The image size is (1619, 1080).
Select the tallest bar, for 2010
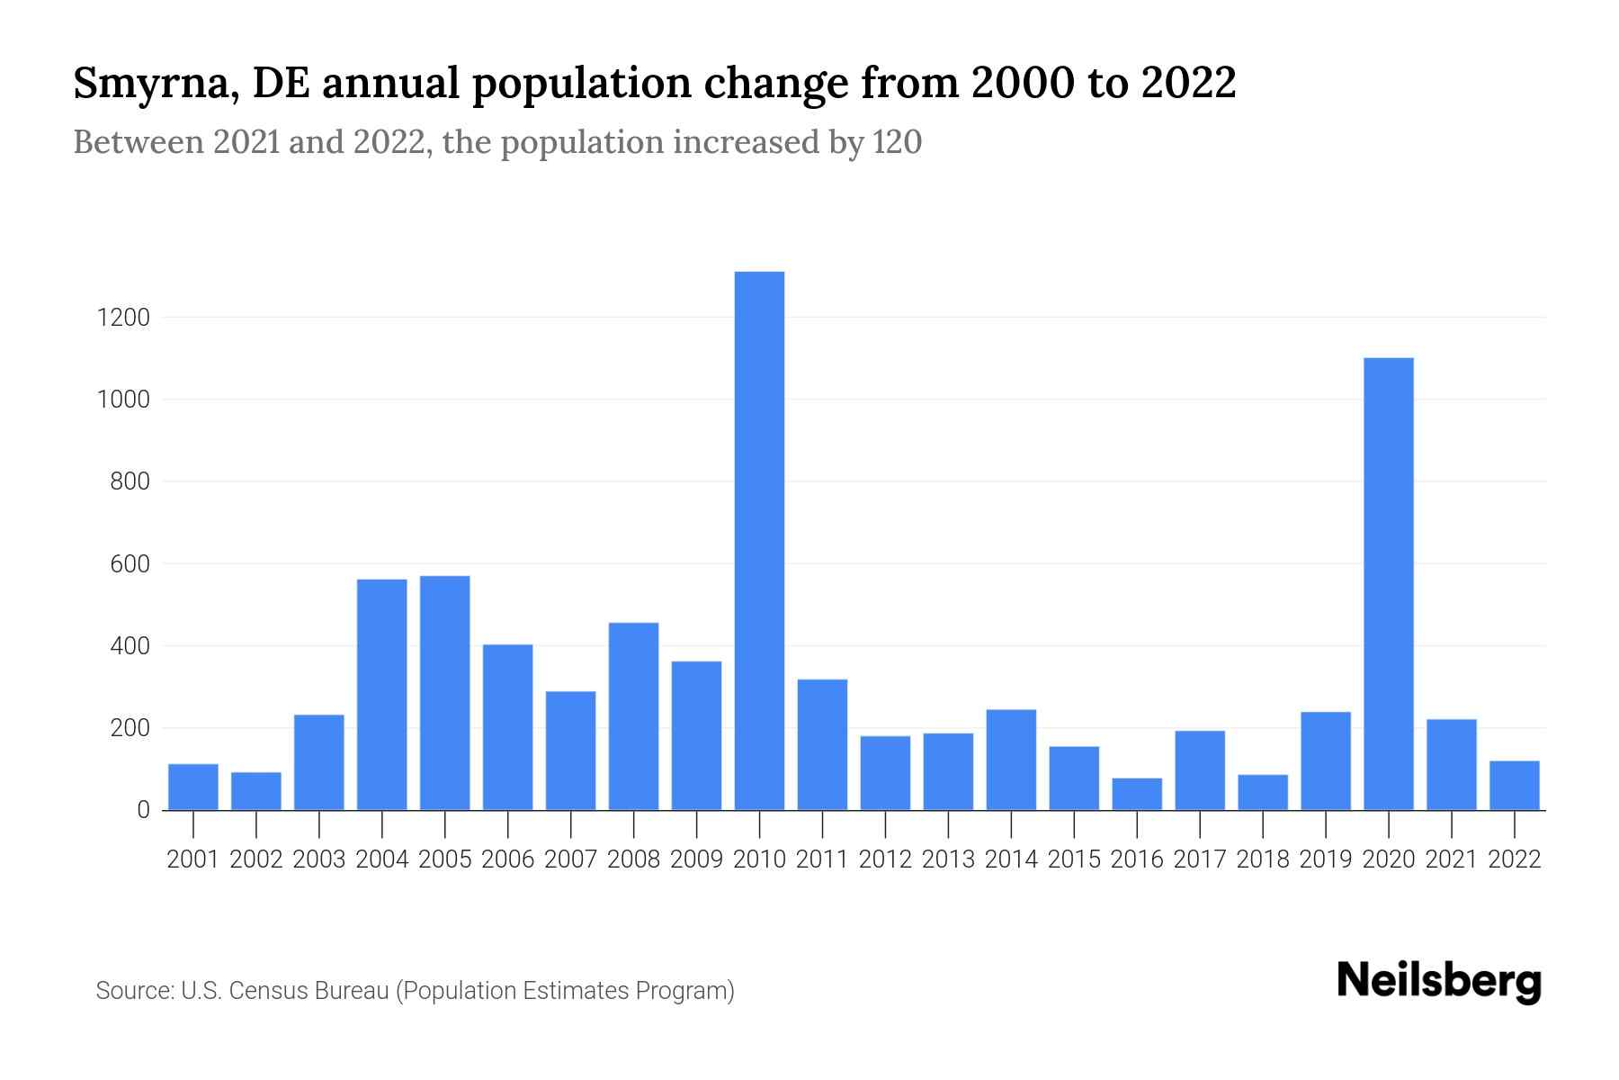(759, 540)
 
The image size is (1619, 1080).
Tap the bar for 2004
(381, 694)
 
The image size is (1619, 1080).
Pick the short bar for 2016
(1137, 794)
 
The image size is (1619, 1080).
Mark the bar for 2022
(1514, 785)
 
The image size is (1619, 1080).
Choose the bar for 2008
(633, 715)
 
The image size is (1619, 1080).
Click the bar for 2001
(193, 787)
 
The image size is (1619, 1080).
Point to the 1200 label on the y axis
(123, 318)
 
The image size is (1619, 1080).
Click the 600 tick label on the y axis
(130, 564)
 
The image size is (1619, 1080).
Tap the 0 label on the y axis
(143, 810)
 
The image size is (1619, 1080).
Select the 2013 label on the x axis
(948, 859)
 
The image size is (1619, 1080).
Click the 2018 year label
(1262, 859)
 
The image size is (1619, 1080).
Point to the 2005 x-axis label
(444, 859)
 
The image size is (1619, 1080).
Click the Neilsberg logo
(1438, 981)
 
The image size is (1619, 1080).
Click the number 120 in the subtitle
(897, 142)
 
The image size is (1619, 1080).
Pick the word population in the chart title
(591, 84)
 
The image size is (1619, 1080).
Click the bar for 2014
(1011, 760)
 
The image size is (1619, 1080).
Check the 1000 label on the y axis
(123, 400)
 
